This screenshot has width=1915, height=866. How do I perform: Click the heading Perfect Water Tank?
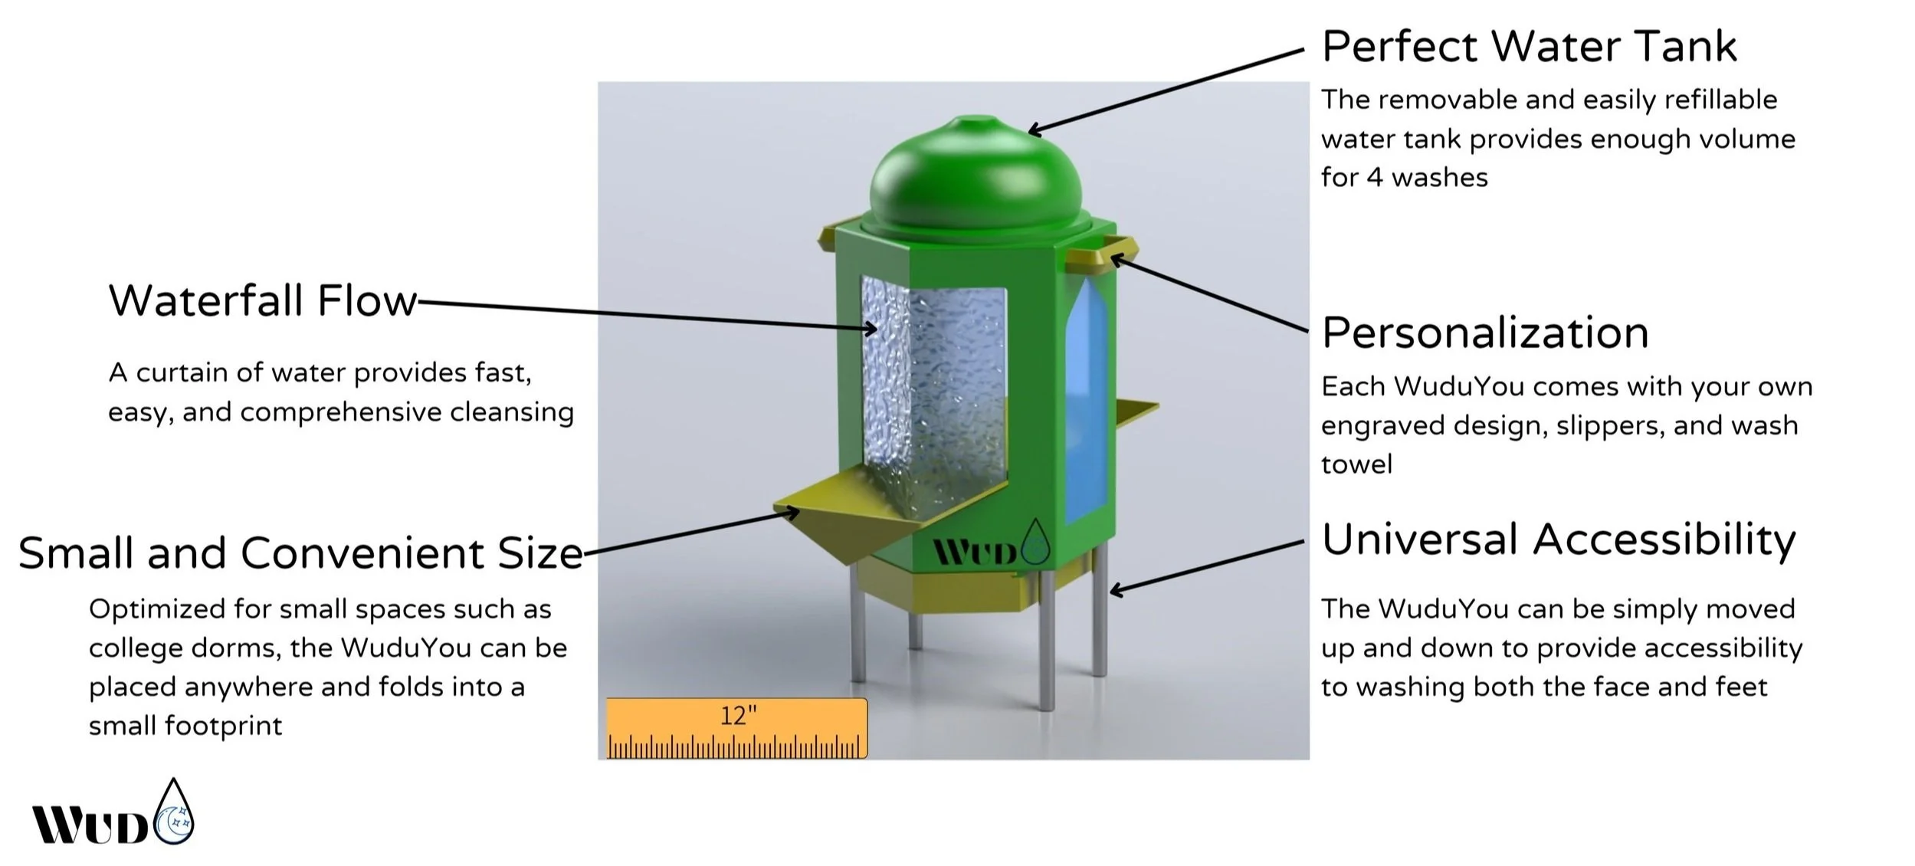1529,48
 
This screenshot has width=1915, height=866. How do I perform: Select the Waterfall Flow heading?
263,300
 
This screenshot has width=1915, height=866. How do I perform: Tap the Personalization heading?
1485,333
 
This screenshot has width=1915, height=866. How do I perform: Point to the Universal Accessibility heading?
1558,540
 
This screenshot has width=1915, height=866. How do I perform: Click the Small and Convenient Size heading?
300,553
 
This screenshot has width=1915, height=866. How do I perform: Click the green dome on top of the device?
976,176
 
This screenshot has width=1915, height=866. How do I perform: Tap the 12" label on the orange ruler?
738,716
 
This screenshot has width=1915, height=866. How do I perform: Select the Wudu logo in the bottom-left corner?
113,816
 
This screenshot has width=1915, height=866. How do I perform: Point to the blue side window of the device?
1086,399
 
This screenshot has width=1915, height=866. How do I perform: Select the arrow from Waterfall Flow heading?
644,314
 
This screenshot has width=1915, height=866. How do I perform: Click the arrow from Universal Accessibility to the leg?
1207,566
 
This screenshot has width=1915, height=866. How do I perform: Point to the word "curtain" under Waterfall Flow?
183,373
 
